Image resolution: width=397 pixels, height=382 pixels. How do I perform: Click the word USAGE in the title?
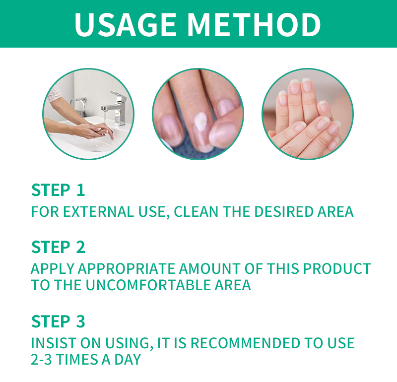point(126,24)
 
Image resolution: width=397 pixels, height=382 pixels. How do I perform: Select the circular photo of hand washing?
point(88,114)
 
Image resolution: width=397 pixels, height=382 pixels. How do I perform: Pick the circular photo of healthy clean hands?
point(308,114)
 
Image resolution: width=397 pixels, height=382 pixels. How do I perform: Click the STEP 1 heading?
point(58,190)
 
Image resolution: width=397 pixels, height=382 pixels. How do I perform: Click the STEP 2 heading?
point(58,247)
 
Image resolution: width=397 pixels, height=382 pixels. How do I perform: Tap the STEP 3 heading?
point(58,321)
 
